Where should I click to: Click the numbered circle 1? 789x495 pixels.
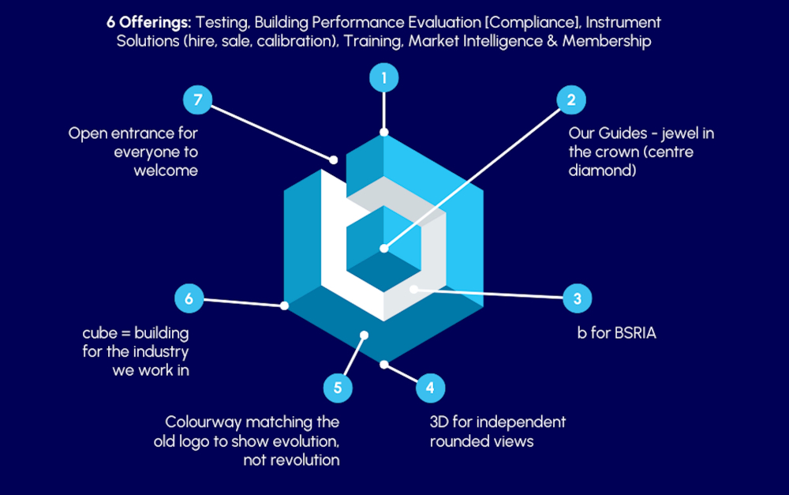tap(384, 77)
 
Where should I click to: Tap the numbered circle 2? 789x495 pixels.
tap(571, 99)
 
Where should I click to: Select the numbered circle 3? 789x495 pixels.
tap(578, 298)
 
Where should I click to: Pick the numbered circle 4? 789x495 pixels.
tap(430, 388)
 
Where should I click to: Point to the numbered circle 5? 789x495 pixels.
tap(338, 388)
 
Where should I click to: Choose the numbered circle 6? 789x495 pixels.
tap(189, 298)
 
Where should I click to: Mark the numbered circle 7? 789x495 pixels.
tap(198, 99)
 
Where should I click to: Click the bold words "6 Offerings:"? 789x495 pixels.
tap(148, 23)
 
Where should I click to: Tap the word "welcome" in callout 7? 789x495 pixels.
tap(166, 171)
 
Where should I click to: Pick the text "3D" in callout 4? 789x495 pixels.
tap(439, 422)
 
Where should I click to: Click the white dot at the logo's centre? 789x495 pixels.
tap(384, 248)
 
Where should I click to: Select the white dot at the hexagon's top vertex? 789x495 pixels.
tap(384, 133)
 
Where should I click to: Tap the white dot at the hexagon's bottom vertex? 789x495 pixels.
tap(384, 364)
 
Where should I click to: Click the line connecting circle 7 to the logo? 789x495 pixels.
tap(272, 133)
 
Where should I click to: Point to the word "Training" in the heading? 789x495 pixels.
tap(373, 41)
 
